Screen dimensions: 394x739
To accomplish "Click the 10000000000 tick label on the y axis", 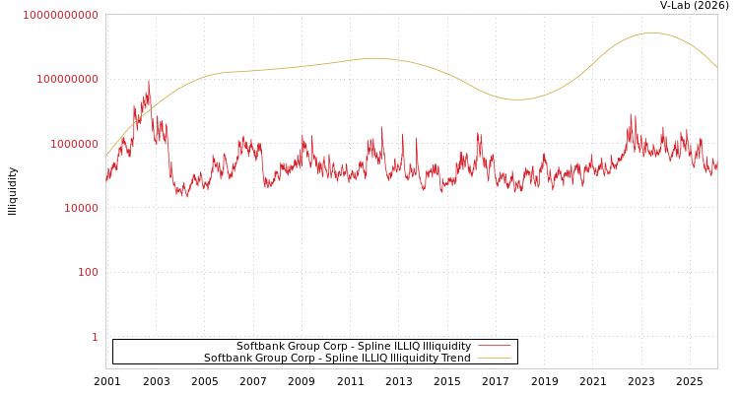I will pos(60,15).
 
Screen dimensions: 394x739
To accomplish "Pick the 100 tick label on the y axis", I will pos(87,272).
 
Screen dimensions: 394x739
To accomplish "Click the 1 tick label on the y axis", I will pos(95,337).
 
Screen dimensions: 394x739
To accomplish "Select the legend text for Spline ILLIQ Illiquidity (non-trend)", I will pos(354,347).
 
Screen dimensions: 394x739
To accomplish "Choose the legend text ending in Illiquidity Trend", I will pos(337,359).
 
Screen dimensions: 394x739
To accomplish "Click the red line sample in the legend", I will pos(495,347).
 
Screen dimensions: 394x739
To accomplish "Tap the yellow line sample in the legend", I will pos(495,359).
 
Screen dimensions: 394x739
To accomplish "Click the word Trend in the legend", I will pos(455,359).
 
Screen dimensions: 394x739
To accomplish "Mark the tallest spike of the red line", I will pos(149,82).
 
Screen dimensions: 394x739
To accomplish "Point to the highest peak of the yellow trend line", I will pos(651,33).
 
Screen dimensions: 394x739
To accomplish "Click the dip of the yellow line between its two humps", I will pos(517,99).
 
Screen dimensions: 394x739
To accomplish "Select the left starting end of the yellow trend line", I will pos(106,156).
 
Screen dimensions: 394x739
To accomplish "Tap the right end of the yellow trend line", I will pos(716,67).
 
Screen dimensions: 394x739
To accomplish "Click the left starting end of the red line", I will pos(106,180).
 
